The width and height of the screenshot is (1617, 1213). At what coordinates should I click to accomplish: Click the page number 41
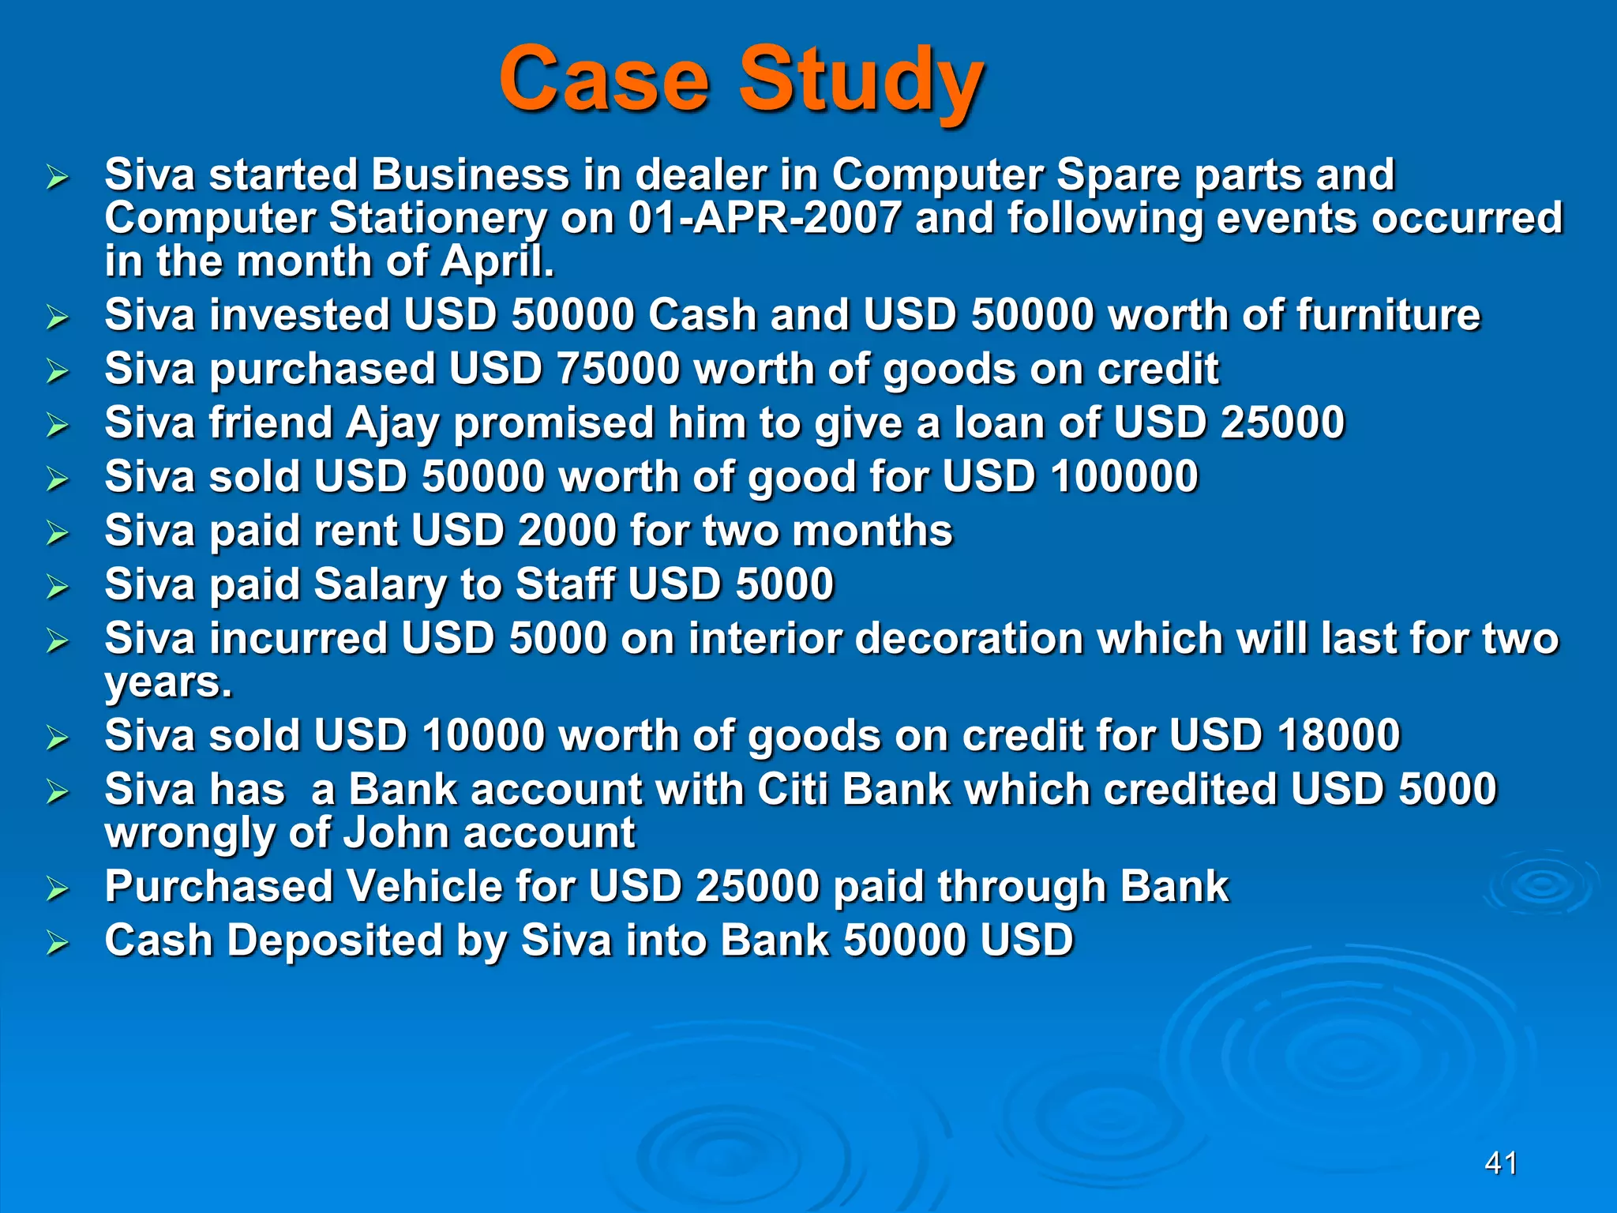click(1501, 1163)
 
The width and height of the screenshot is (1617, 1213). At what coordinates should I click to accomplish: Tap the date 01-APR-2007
click(764, 218)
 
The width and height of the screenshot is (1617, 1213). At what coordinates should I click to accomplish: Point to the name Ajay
click(392, 423)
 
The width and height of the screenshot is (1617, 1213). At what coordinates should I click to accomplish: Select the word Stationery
click(437, 218)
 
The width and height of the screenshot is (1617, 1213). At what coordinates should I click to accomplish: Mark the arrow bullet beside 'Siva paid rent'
click(57, 532)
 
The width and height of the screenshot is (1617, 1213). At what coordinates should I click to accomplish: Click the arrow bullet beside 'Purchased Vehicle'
click(57, 888)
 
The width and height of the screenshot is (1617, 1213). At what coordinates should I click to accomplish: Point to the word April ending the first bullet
click(497, 262)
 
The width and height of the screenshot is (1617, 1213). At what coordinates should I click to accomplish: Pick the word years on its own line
click(167, 682)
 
